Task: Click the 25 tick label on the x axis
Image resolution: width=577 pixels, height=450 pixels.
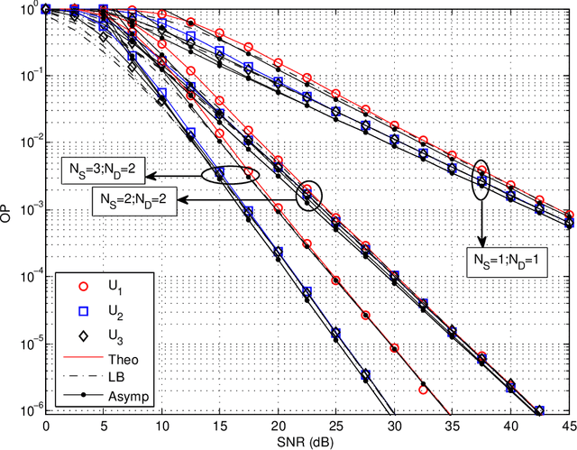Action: [335, 425]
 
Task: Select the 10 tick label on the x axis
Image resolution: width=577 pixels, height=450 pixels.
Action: [161, 425]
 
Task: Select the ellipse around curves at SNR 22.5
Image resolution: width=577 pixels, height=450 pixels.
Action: [310, 192]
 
